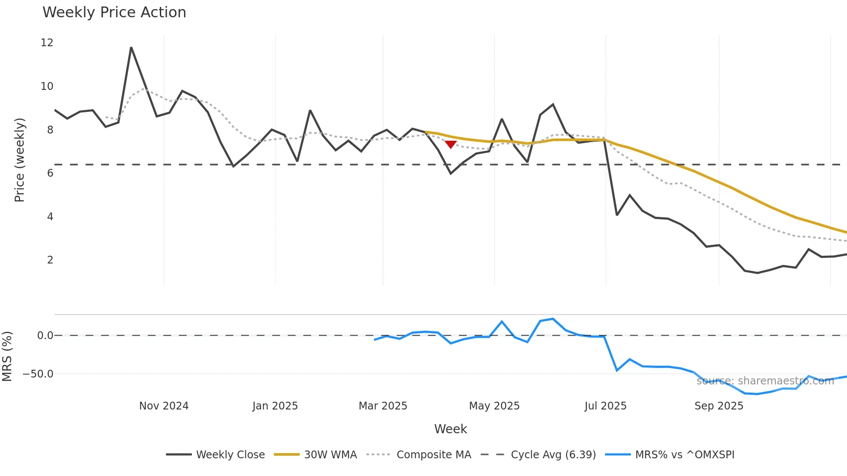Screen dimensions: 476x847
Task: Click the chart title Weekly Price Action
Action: click(114, 13)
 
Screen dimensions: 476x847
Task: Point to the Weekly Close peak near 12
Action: click(131, 48)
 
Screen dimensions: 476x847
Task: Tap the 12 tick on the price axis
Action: click(47, 43)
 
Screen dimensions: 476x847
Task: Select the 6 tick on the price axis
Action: click(50, 173)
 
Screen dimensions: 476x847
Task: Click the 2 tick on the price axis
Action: click(50, 260)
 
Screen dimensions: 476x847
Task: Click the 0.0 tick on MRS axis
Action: click(45, 336)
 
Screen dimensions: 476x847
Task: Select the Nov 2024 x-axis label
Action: click(164, 406)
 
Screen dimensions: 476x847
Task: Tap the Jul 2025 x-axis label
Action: click(605, 406)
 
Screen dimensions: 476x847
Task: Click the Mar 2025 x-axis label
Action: click(383, 406)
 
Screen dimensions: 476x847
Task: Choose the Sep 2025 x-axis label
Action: click(719, 406)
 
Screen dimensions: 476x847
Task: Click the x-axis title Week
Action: click(450, 429)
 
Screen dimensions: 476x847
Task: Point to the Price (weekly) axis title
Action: click(19, 160)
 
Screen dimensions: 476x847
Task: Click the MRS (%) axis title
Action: click(7, 356)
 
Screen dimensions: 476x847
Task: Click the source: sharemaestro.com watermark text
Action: click(765, 381)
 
